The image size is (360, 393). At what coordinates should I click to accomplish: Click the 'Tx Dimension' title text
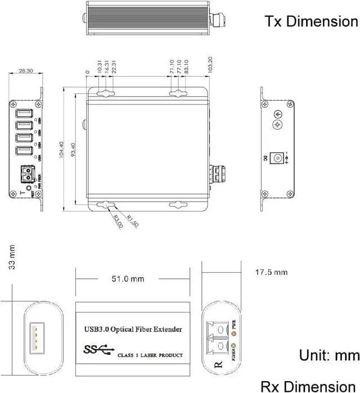point(311,21)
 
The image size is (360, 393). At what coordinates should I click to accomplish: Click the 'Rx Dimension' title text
point(309,386)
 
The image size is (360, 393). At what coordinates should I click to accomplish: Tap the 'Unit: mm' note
point(329,355)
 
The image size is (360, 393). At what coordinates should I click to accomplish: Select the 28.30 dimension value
point(25,71)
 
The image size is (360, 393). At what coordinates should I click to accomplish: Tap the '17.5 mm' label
point(271,272)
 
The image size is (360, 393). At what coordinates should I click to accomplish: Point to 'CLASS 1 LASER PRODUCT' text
point(150,355)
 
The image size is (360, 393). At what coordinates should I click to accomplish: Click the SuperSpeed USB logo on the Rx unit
point(97,350)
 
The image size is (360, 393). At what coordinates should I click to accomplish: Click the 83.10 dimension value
point(186,68)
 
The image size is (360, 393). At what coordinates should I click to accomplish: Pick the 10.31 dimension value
point(100,68)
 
